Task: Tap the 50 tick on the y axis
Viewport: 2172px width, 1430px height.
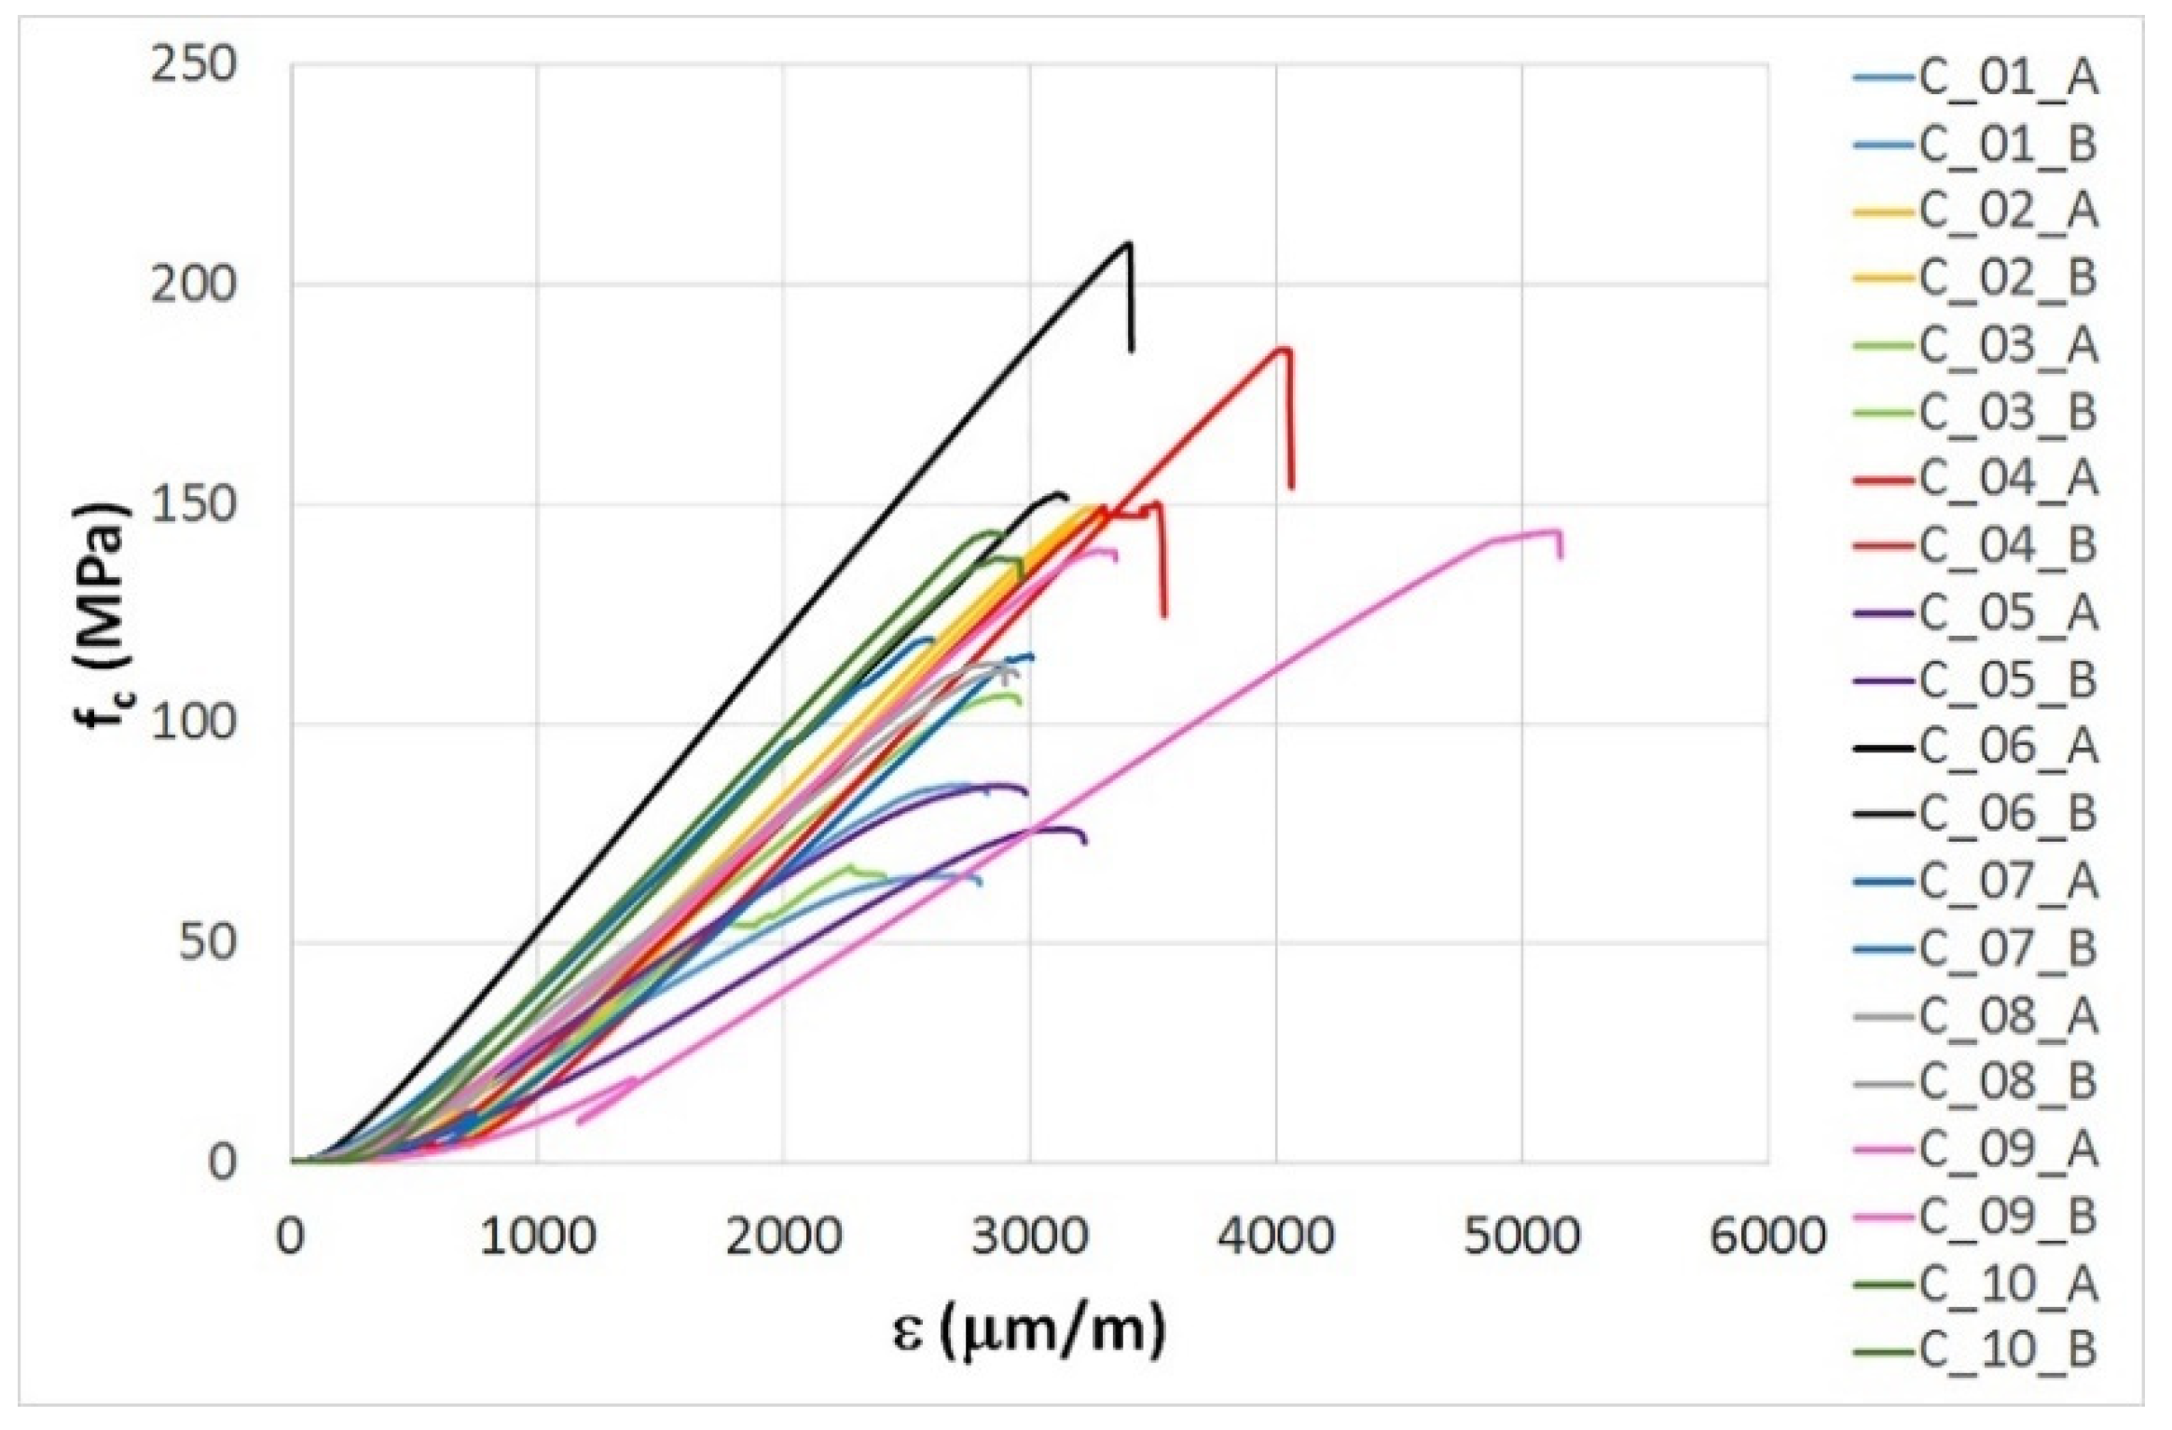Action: point(206,943)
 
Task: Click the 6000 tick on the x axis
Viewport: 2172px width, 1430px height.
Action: point(1767,1236)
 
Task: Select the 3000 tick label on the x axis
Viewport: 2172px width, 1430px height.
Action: point(1029,1236)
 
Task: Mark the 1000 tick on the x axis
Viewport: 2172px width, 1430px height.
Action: point(537,1236)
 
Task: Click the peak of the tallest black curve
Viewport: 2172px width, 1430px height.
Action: point(1129,244)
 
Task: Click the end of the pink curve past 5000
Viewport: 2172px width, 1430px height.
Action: point(1560,556)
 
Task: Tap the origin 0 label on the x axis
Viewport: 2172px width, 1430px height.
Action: point(291,1236)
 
